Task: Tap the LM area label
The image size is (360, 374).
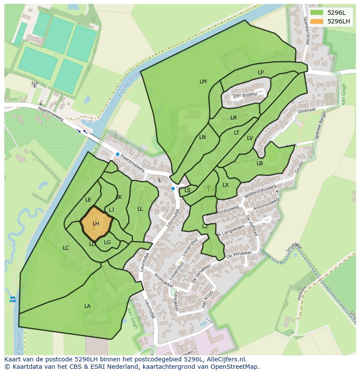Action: point(203,82)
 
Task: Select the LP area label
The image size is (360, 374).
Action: point(260,73)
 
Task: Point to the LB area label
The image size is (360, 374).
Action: point(260,163)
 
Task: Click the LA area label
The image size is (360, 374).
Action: point(87,306)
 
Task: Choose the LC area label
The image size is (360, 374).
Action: point(66,248)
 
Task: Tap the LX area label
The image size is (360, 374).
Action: point(226,185)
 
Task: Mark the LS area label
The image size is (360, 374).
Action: point(187,190)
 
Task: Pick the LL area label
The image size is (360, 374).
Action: point(140,209)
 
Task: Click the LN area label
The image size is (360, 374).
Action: point(202,137)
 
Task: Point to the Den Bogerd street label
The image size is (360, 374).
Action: point(245,95)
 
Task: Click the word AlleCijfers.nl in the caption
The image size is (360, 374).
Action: point(227,359)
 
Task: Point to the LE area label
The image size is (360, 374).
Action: point(88,200)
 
